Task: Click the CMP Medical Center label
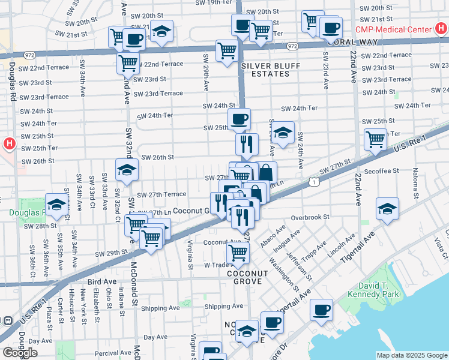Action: click(x=393, y=29)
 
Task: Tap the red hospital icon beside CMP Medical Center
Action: click(x=441, y=29)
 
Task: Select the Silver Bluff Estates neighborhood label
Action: click(x=265, y=70)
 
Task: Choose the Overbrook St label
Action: click(x=310, y=217)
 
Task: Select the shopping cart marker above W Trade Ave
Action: click(x=238, y=253)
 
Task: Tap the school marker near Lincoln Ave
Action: click(x=387, y=208)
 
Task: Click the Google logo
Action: click(x=20, y=353)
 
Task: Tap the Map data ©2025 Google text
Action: click(x=412, y=355)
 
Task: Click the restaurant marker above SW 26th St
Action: click(x=247, y=143)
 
